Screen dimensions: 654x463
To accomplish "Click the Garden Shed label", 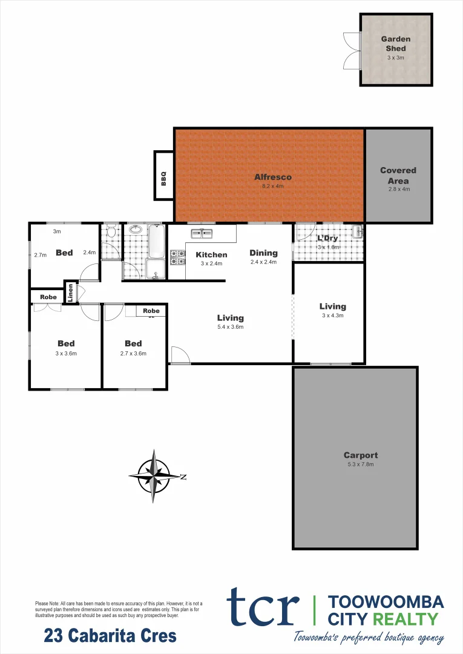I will point(396,44).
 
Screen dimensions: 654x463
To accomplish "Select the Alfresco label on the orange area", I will point(273,177).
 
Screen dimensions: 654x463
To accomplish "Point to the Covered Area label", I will point(398,176).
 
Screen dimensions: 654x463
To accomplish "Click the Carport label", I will point(361,455).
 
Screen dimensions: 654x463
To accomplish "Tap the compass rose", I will point(155,476).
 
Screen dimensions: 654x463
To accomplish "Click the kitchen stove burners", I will point(177,258).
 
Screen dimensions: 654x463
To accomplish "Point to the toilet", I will point(111,233).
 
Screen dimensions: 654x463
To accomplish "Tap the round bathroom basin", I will point(135,230).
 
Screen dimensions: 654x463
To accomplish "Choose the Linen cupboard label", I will point(71,293).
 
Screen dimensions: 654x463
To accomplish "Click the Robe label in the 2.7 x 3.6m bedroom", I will point(151,311).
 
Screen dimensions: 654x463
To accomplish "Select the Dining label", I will point(263,253).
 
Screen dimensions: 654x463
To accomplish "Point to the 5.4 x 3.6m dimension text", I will point(231,327).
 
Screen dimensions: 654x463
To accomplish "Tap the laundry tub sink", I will point(357,231).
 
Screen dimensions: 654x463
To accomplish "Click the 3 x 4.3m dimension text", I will point(332,315).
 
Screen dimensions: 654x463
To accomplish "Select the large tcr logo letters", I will point(263,607).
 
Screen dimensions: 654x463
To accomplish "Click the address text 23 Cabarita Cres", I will point(110,636).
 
